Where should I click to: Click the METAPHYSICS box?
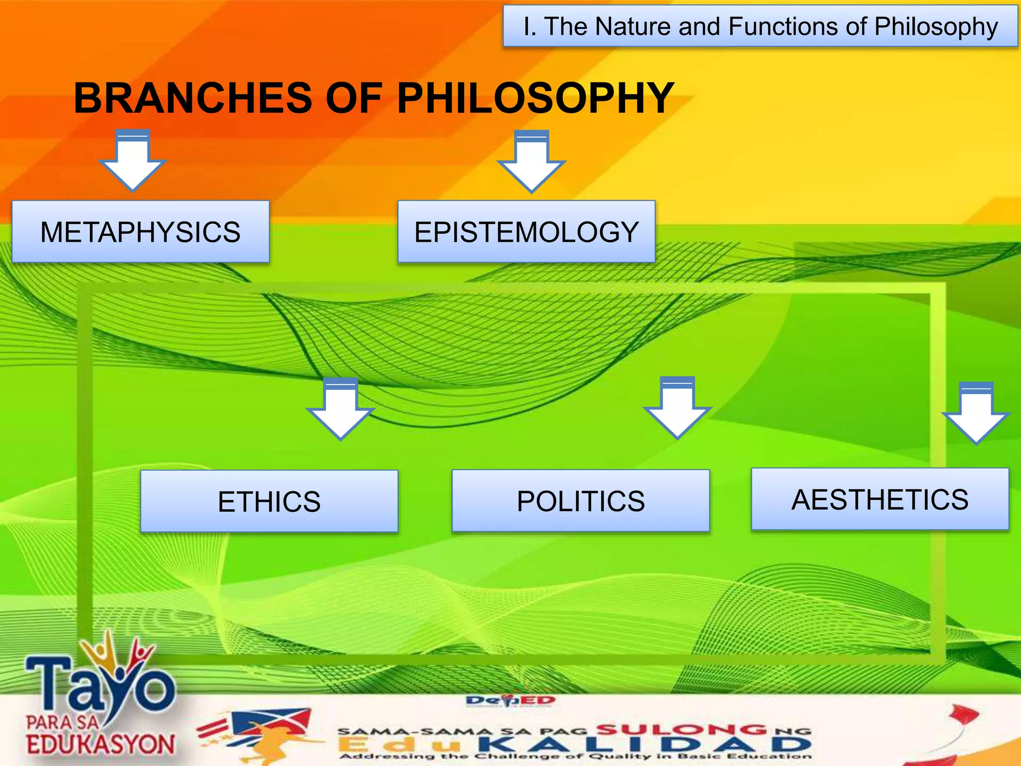pos(141,232)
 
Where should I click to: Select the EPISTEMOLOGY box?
pos(526,232)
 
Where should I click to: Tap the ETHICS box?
pos(269,501)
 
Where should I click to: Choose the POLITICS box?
pos(581,501)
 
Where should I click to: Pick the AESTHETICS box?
pos(880,499)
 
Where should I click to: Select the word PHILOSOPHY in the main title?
pos(535,98)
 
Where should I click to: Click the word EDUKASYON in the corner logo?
pos(101,745)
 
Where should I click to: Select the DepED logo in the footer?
pos(510,701)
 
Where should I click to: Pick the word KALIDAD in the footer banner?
pos(643,745)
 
